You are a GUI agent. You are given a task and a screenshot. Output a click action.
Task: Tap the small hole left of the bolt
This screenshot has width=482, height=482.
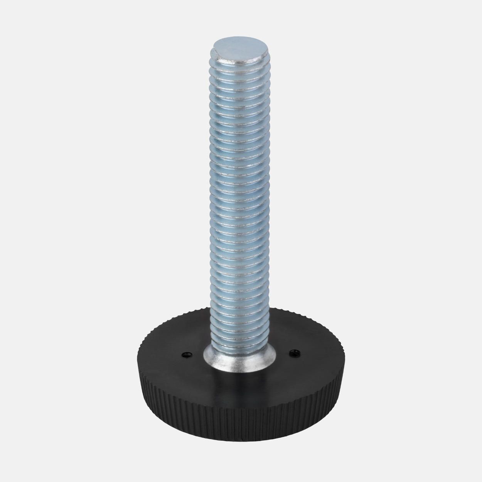(186, 354)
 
